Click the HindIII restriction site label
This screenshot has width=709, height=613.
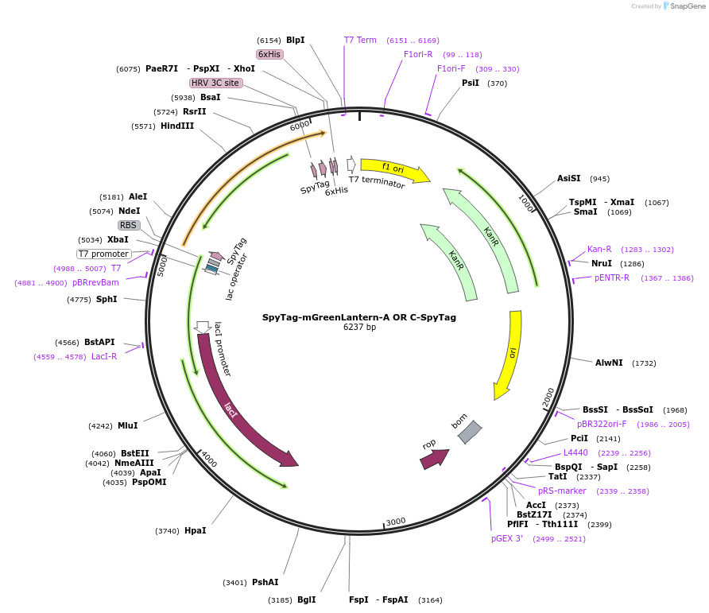tap(176, 126)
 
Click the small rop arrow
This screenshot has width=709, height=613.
tap(435, 460)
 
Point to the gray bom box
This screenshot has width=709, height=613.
tap(470, 432)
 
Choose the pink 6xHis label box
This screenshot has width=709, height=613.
tap(269, 54)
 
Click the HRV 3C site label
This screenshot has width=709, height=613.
tap(215, 83)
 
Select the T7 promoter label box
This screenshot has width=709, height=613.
tap(104, 254)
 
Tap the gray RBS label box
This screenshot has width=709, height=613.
tap(129, 225)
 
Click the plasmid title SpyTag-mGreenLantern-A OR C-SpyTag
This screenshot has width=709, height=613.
tap(359, 317)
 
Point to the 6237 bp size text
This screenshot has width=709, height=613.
tap(359, 327)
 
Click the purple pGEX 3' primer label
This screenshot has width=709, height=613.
tap(507, 538)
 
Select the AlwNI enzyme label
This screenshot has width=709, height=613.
tap(609, 363)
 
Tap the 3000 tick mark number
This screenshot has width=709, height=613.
tap(396, 522)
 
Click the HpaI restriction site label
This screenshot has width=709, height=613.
tap(195, 530)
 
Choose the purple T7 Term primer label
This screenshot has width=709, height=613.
tap(360, 40)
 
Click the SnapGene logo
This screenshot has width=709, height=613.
tap(684, 6)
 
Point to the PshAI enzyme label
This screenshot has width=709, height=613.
tap(265, 582)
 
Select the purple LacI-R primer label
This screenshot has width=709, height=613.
tap(104, 356)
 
